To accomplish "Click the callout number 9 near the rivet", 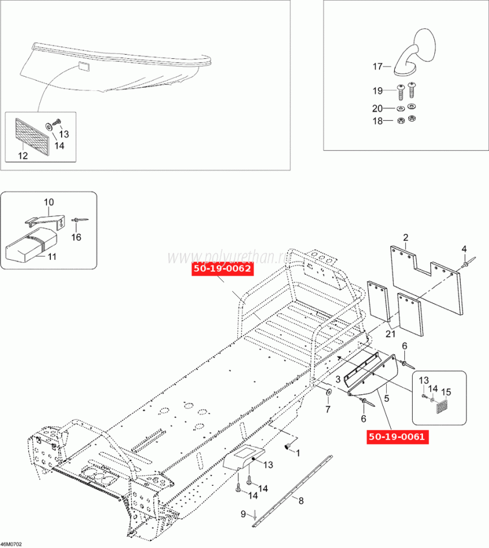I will (243, 514).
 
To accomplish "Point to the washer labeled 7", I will (328, 392).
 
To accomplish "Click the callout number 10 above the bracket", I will (49, 202).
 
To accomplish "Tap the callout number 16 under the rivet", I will (76, 237).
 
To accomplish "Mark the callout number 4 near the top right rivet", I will (464, 249).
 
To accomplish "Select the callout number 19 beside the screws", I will (377, 90).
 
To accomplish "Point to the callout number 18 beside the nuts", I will (377, 121).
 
